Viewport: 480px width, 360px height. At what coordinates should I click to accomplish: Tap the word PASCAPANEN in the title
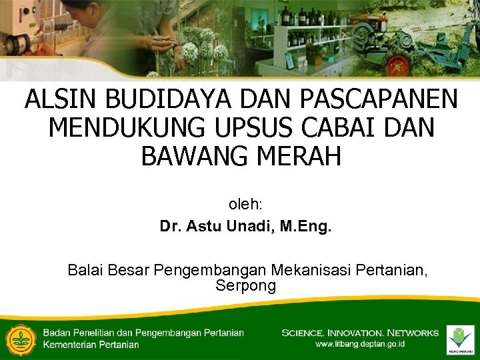coord(379,99)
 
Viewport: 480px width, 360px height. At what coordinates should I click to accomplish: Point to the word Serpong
coord(245,286)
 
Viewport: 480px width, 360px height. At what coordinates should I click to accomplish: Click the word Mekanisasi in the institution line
coord(311,270)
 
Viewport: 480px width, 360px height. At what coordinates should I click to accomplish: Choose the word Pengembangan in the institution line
coord(211,270)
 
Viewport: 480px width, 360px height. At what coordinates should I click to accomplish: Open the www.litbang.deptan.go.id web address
coord(360,345)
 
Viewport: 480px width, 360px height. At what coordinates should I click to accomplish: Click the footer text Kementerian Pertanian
coord(91,345)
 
